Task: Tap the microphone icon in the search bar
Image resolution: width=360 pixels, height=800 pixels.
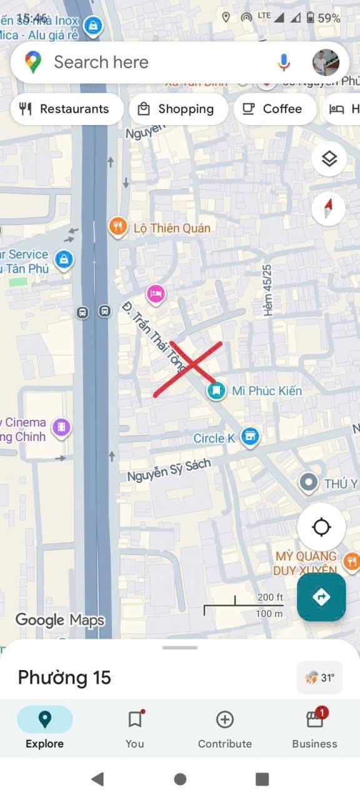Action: (284, 62)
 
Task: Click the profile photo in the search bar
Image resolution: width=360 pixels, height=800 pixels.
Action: (326, 62)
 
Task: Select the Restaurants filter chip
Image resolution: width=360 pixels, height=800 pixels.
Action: (66, 109)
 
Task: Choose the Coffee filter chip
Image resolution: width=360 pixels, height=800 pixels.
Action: (272, 109)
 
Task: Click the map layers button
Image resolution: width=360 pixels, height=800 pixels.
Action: (329, 159)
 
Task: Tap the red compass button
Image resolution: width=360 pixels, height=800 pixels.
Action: (329, 208)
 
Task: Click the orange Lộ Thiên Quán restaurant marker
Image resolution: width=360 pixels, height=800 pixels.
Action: (117, 227)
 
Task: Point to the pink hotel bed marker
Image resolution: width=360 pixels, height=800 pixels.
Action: (156, 292)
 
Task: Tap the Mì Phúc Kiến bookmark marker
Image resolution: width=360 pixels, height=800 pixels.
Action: (216, 391)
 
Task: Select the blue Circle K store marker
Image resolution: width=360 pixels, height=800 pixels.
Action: (250, 437)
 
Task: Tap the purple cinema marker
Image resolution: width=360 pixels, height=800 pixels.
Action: (61, 427)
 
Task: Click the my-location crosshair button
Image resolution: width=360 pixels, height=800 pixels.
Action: (321, 527)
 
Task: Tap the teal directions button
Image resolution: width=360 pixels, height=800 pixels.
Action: (321, 597)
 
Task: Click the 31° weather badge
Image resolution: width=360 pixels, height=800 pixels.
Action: (320, 677)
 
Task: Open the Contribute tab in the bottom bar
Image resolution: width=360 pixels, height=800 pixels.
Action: (225, 729)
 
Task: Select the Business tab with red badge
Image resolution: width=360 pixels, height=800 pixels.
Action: (315, 729)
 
